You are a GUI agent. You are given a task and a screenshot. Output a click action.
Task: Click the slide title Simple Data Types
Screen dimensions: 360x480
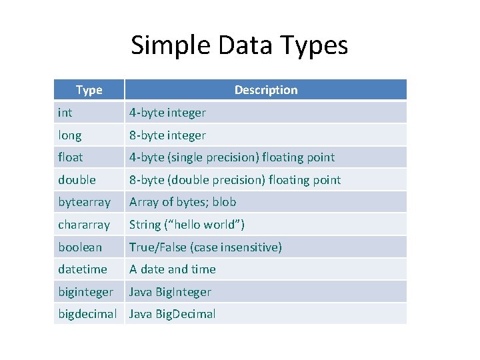coord(239,45)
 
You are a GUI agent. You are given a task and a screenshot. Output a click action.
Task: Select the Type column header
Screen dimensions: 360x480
coord(89,90)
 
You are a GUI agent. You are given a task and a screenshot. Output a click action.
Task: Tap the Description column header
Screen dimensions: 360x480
coord(265,90)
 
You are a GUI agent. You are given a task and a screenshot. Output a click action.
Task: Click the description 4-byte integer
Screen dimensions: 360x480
coord(167,113)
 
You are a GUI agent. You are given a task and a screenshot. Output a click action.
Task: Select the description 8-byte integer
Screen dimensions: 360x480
coord(167,135)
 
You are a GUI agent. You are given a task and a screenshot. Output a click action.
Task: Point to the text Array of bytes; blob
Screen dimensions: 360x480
coord(183,202)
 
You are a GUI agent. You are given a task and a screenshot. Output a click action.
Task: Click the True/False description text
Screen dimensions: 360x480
coord(205,247)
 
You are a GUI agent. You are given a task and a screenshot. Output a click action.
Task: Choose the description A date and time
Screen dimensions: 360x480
coord(173,269)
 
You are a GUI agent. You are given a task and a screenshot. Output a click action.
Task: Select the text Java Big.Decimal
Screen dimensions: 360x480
coord(173,314)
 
